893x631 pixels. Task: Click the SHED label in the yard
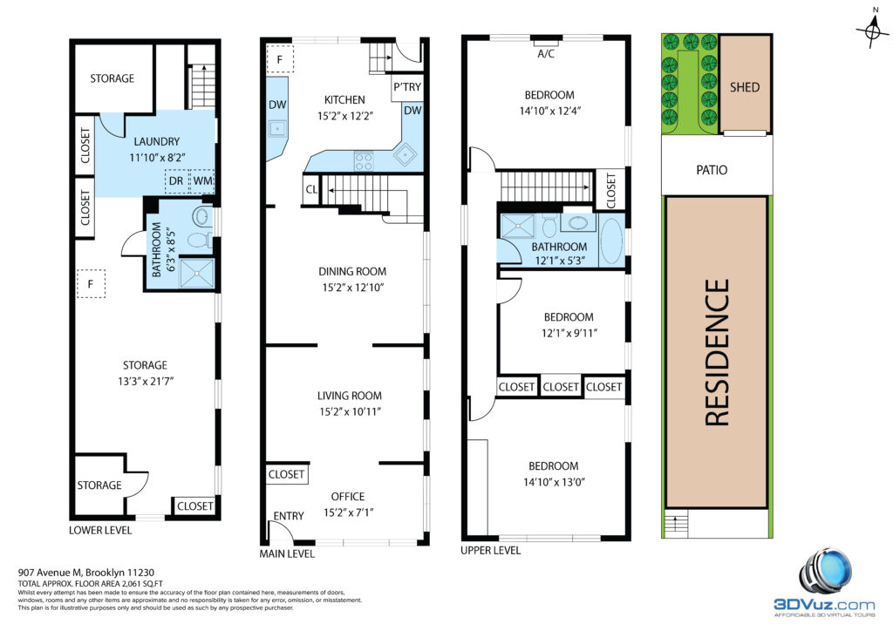click(745, 87)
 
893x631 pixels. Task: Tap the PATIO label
click(712, 170)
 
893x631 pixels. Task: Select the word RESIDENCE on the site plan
click(717, 352)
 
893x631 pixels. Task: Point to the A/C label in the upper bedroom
click(546, 54)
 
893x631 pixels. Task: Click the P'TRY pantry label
click(406, 87)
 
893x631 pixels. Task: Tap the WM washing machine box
click(202, 181)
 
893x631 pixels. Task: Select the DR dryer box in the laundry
click(176, 181)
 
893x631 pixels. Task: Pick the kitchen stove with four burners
click(364, 161)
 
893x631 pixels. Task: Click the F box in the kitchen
click(280, 59)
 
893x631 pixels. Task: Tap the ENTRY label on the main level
click(288, 515)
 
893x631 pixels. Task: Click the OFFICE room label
click(347, 496)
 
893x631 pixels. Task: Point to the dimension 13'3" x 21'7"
click(146, 381)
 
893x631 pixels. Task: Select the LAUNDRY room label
click(157, 141)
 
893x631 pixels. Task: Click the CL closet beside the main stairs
click(311, 189)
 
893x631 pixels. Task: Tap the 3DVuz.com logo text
click(823, 604)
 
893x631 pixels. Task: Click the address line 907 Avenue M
click(86, 573)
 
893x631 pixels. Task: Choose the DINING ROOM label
click(352, 271)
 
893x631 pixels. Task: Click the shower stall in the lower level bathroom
click(196, 273)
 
